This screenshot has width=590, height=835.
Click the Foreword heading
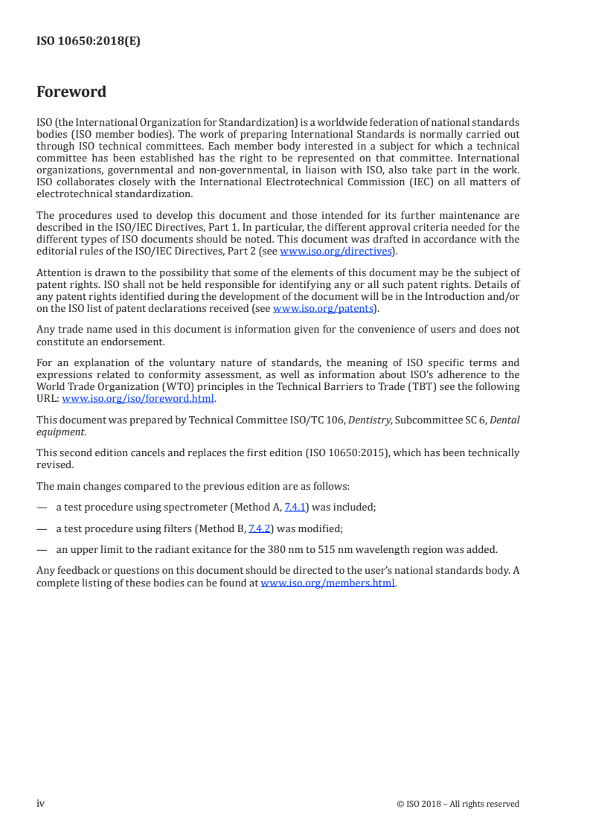tap(71, 92)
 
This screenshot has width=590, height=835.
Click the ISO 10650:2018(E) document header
tap(89, 42)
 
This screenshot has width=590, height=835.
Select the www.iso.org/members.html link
tap(327, 583)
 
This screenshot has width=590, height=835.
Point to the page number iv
tap(41, 803)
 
